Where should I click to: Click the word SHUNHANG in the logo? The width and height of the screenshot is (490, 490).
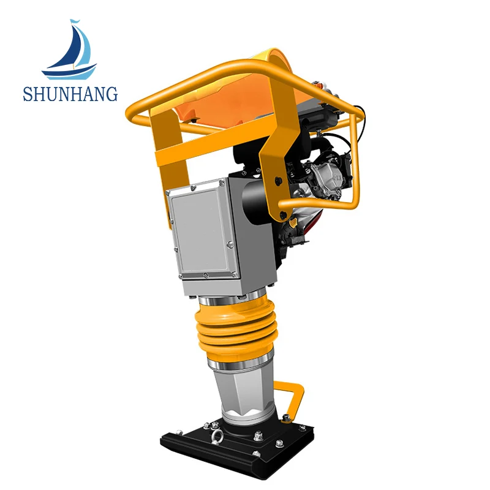[x=70, y=94]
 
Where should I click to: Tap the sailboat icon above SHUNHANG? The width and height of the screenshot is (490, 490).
[x=69, y=50]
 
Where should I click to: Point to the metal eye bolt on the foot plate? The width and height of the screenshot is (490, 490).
[x=216, y=435]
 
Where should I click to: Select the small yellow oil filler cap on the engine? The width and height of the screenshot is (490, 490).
[x=293, y=223]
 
